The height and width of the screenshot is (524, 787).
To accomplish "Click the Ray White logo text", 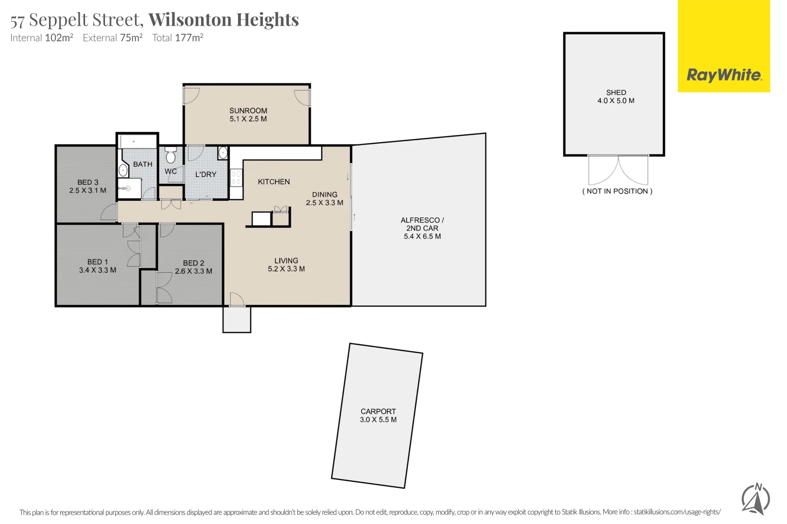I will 724,75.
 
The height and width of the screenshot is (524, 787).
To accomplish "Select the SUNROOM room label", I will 248,111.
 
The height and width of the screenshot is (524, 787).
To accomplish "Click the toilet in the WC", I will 171,156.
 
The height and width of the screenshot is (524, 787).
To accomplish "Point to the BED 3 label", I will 88,182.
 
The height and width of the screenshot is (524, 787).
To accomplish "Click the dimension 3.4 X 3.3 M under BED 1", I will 98,270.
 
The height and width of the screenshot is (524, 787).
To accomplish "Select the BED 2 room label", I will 193,263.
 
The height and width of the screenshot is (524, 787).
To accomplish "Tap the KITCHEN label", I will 274,181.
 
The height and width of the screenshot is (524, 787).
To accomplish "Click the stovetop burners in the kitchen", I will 236,178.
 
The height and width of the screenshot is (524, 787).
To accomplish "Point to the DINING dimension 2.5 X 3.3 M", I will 325,203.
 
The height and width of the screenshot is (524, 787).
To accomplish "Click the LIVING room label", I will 286,261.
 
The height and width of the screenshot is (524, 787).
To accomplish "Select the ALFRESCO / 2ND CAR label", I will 422,224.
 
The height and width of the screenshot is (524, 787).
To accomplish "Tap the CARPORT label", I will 378,411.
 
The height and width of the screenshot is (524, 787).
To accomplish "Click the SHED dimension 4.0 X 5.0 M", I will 616,101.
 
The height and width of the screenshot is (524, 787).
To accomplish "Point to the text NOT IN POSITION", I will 617,191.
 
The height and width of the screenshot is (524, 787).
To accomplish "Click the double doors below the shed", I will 618,170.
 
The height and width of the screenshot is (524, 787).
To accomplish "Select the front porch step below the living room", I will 237,320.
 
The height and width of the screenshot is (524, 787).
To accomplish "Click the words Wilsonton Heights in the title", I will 223,20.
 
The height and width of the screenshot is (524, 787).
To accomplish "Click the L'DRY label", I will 205,174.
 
